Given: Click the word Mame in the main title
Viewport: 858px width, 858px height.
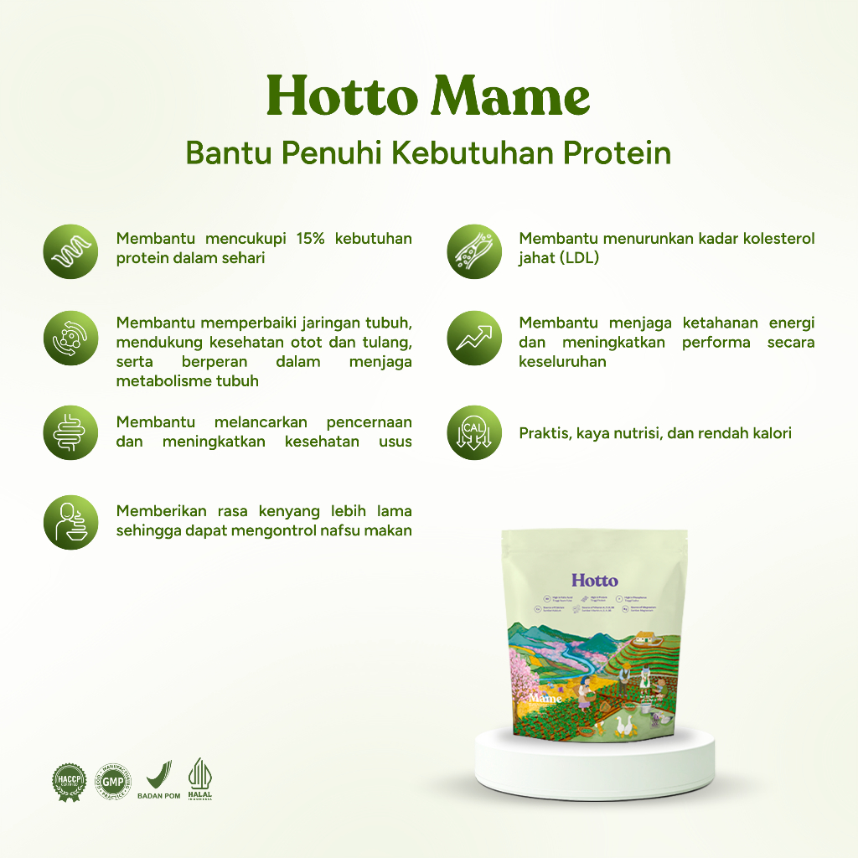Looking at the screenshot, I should tap(510, 97).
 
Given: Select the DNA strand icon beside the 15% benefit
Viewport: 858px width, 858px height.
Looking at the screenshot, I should tap(70, 251).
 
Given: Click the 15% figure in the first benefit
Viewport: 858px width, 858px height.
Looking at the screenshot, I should tap(309, 239).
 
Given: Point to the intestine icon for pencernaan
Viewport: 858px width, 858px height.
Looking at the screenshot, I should tap(70, 432).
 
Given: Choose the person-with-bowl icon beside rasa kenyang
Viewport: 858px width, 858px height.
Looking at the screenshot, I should tap(70, 521).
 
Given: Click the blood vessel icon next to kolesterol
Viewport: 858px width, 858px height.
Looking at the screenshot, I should tap(474, 251).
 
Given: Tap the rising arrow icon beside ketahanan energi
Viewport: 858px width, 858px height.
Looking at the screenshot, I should tap(474, 338).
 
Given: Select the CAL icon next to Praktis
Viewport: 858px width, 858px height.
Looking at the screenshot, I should tap(474, 433).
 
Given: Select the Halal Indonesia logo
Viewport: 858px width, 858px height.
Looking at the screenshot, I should tap(199, 779).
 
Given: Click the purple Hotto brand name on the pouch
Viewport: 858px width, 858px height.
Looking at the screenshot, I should tap(595, 580).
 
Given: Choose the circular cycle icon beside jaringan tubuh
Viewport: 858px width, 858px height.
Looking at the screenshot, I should tap(70, 339).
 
